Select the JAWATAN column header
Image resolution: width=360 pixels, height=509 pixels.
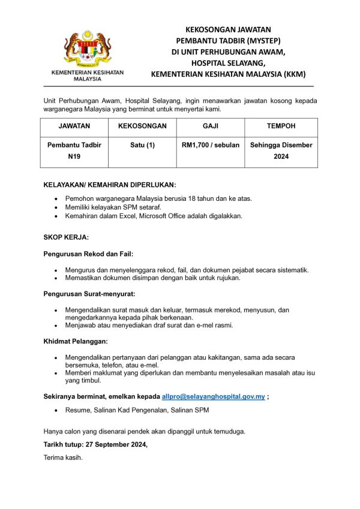point(74,127)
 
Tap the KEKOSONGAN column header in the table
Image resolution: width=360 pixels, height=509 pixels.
point(142,127)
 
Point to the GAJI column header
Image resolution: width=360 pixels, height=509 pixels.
point(211,127)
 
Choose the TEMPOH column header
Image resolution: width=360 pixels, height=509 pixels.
point(281,127)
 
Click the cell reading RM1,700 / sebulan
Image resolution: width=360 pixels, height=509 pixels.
point(211,145)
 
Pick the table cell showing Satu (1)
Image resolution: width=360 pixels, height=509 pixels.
point(142,145)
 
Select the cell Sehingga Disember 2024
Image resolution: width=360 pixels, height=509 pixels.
point(281,150)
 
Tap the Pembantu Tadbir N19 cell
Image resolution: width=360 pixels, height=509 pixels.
point(74,150)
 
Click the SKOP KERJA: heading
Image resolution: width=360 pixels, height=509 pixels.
point(66,237)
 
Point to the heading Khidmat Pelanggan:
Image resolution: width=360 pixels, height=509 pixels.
point(76,341)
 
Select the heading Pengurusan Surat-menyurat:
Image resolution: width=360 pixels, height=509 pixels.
point(89,294)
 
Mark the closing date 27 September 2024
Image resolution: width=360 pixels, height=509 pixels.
point(115,445)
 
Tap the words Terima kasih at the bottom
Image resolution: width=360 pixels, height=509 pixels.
point(62,458)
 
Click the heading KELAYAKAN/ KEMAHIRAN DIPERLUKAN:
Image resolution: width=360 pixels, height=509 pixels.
point(110,185)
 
